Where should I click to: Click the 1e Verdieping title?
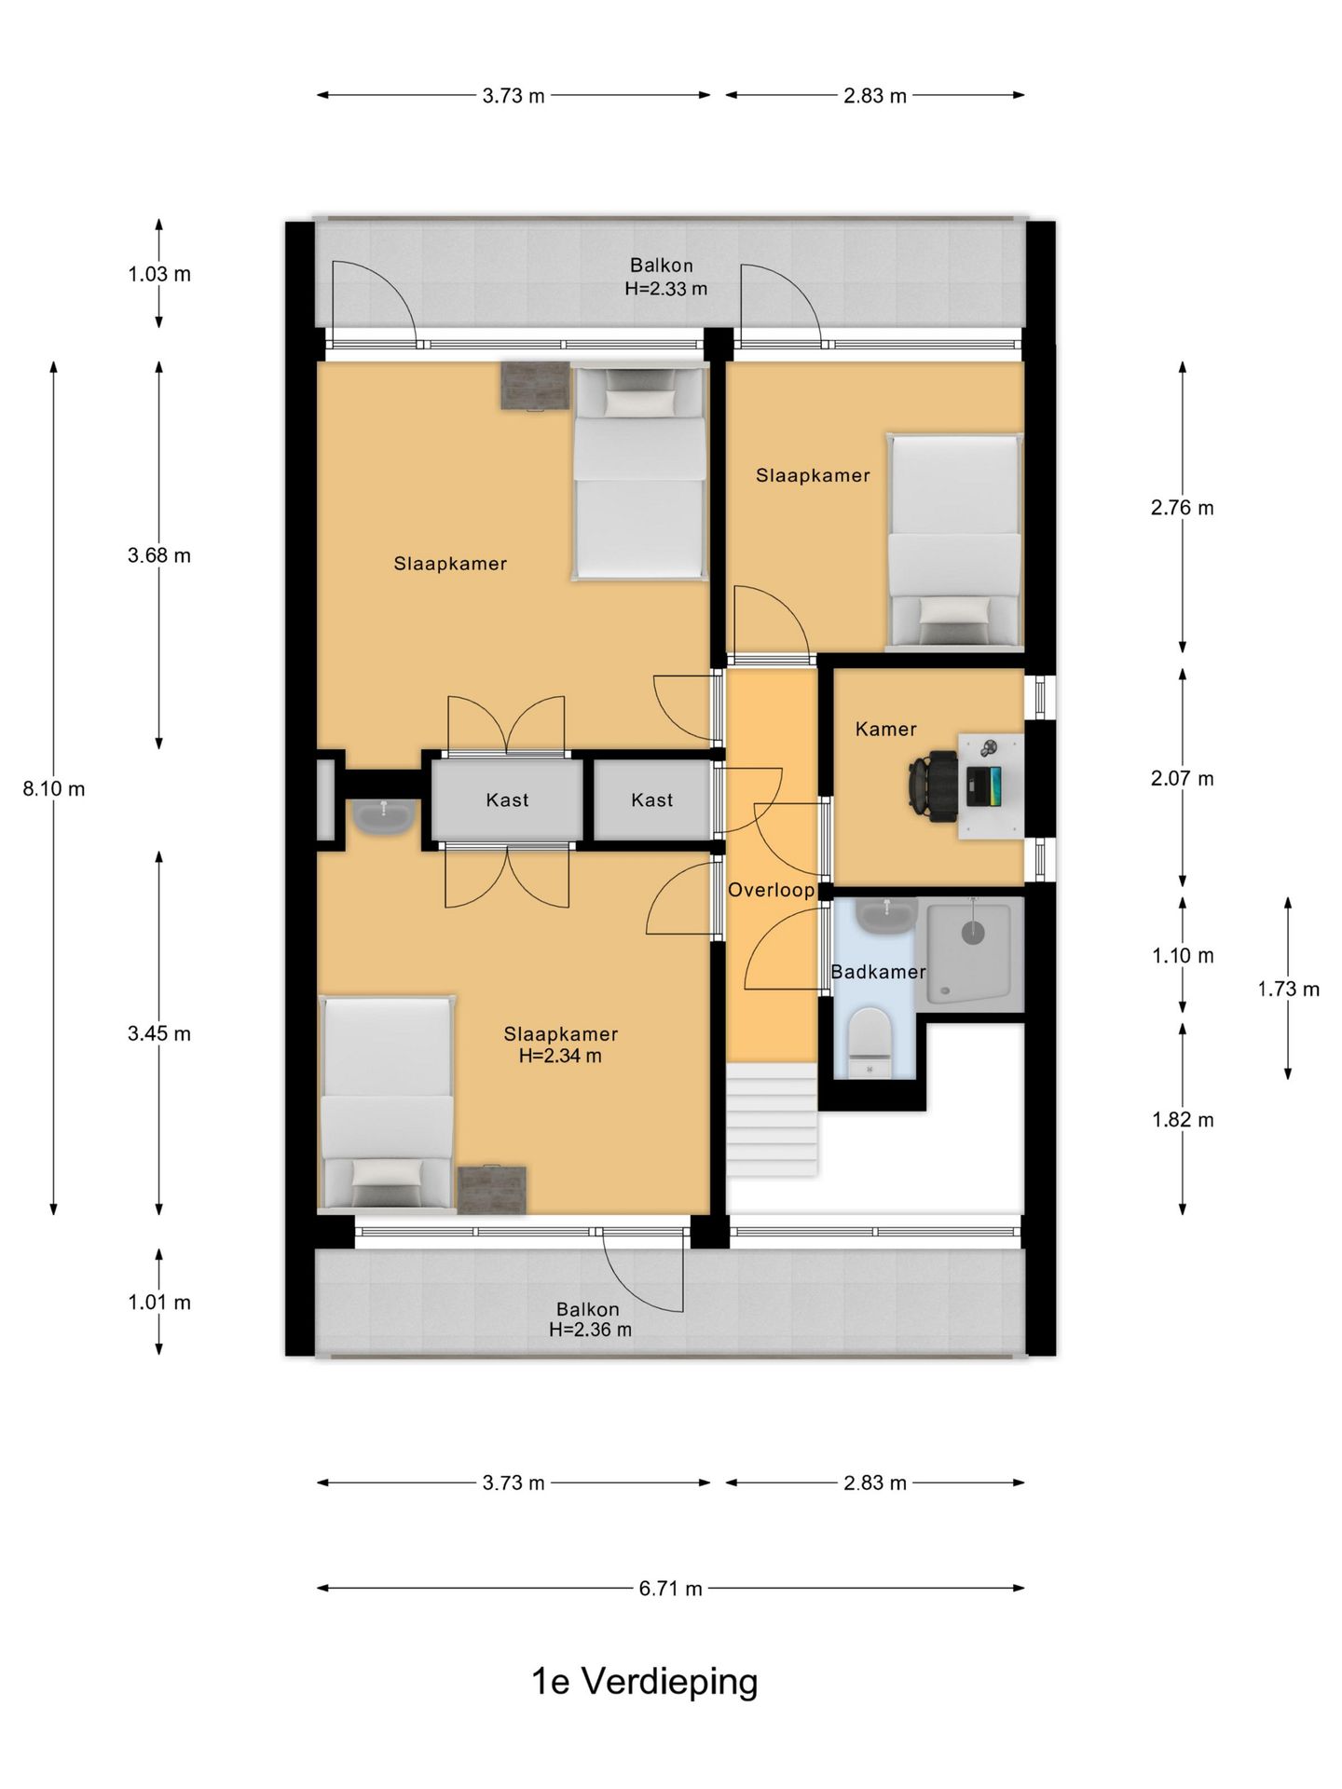pos(644,1682)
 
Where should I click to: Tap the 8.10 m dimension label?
pos(54,789)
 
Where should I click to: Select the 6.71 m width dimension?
pos(671,1589)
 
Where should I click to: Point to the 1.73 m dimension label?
pos(1289,990)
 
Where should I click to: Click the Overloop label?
pos(772,890)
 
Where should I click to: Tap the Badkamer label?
pos(878,973)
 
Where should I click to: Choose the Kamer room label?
pos(886,730)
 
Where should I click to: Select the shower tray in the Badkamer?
pos(969,951)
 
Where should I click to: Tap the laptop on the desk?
pos(984,786)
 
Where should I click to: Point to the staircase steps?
pos(773,1121)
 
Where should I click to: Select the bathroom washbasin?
pos(886,918)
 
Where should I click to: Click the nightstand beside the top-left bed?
pos(535,385)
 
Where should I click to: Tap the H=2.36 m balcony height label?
pos(591,1330)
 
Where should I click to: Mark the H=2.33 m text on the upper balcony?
pos(666,289)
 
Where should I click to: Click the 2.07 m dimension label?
pos(1183,779)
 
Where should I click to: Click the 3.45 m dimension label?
pos(159,1034)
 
